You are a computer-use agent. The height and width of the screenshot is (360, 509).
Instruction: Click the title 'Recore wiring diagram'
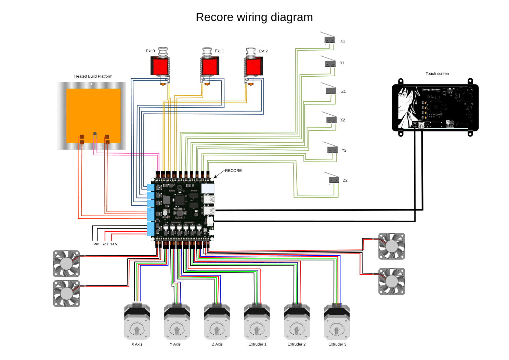coord(254,17)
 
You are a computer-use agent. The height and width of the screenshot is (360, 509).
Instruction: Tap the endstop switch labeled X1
coord(329,40)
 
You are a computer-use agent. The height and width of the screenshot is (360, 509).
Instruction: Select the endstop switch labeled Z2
coord(334,180)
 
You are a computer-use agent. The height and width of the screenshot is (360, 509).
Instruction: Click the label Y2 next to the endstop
coord(344,150)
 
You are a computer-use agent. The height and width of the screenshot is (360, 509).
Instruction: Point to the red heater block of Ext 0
coord(160,66)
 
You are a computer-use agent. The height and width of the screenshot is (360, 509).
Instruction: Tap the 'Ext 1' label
coord(219,51)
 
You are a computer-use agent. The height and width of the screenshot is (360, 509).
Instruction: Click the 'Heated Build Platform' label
coord(93,76)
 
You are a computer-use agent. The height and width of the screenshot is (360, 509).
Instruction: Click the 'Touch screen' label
coord(437,74)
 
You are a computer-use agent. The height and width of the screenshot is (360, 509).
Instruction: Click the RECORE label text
coord(233,171)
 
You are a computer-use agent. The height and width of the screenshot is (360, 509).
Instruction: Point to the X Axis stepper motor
coord(137,322)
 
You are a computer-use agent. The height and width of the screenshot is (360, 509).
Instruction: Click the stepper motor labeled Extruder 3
coord(337,322)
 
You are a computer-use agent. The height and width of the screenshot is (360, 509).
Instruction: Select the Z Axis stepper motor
coord(217,322)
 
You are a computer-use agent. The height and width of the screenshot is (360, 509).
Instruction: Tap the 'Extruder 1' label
coord(257,344)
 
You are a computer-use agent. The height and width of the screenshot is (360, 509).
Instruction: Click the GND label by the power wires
coord(96,244)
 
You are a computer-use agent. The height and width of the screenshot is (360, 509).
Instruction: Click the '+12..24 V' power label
coord(110,244)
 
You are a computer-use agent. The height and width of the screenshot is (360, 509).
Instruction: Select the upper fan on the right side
coord(392,246)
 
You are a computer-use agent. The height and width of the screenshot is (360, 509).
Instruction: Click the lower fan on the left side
coord(66,294)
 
